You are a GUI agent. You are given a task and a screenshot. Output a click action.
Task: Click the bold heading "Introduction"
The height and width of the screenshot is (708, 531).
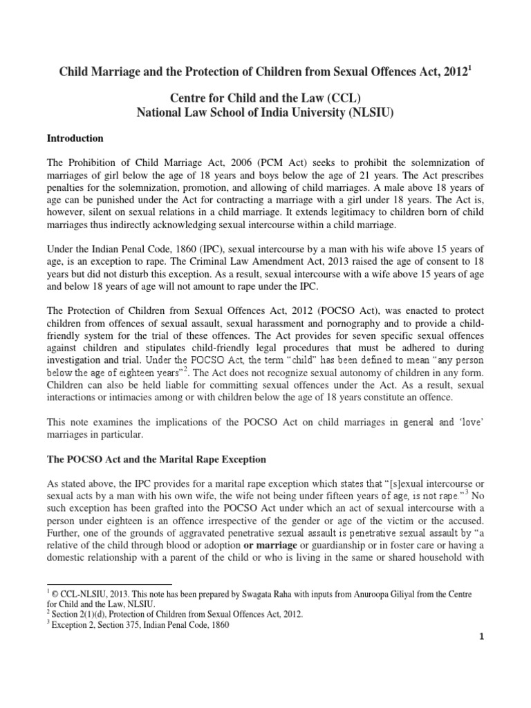(x=75, y=138)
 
